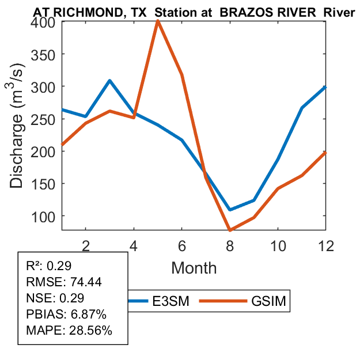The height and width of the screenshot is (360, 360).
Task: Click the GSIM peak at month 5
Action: (157, 22)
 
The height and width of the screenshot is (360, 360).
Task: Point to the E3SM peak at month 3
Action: (109, 81)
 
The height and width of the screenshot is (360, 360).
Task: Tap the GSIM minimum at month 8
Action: (230, 230)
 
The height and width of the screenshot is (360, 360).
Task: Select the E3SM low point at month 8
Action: (230, 210)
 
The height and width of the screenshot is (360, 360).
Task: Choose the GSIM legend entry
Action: (268, 301)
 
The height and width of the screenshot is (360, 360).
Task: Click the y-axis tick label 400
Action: (43, 22)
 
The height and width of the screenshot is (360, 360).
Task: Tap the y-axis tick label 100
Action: (43, 216)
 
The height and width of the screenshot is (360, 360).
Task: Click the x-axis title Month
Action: (194, 267)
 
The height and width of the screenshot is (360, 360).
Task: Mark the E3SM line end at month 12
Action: (325, 87)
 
